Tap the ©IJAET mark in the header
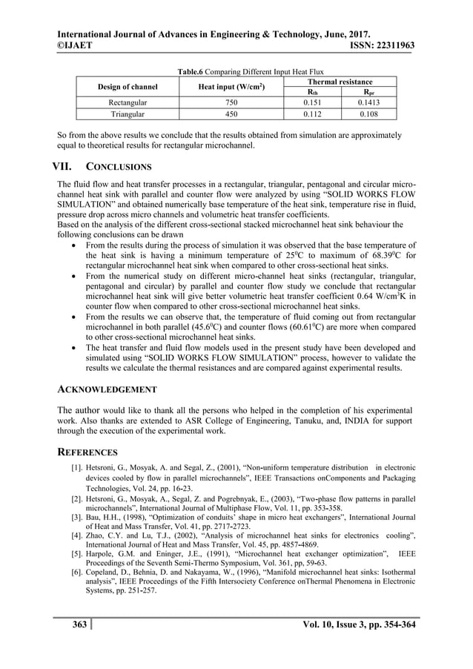(76, 46)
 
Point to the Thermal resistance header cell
(340, 81)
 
